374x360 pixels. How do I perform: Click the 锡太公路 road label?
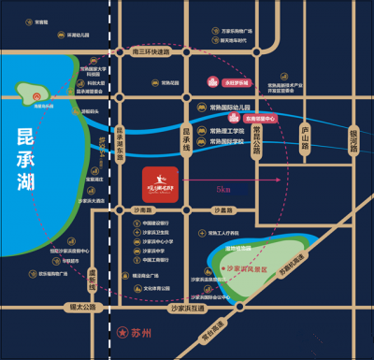coord(75,306)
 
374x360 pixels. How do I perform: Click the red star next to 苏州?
coord(120,332)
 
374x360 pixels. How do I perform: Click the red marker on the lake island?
coord(38,95)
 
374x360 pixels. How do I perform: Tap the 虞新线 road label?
coord(93,278)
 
